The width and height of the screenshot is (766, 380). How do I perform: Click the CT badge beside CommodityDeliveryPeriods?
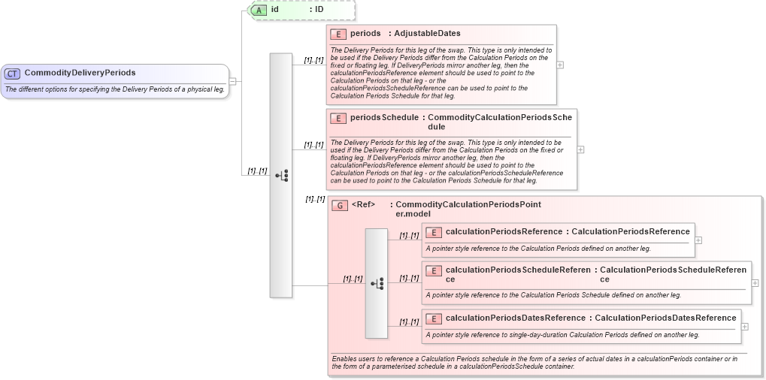point(13,73)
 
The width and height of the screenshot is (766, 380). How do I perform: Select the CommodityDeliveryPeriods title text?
point(80,73)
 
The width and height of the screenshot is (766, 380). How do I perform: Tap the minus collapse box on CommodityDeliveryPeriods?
point(233,81)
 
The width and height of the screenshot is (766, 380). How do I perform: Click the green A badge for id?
point(259,10)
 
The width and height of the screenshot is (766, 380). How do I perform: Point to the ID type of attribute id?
point(319,10)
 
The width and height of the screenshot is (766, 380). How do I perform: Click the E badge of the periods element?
point(338,34)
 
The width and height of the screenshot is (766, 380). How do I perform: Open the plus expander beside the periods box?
point(560,65)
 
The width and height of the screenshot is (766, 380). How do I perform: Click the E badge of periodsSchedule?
point(338,118)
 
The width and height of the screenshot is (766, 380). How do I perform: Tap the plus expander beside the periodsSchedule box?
point(580,149)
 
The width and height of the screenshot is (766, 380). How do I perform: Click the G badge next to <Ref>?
point(340,206)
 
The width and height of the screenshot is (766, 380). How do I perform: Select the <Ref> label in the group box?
point(363,204)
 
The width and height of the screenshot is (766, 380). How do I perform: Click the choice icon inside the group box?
point(377,283)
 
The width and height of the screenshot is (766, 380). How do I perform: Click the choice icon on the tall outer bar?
point(281,175)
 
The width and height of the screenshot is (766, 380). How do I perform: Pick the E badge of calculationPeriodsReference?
point(433,232)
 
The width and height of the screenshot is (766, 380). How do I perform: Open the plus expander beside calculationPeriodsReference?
point(698,240)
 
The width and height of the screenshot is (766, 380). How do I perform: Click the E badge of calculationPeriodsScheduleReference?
point(433,270)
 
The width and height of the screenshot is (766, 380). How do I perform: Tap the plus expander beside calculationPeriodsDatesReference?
point(745,326)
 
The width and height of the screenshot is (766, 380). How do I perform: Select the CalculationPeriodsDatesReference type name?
point(665,318)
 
